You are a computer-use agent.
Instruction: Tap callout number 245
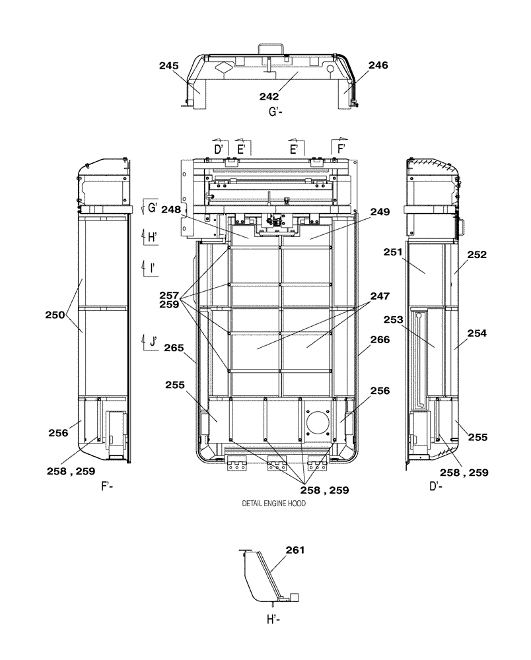pyautogui.click(x=169, y=65)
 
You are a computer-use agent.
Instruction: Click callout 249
pyautogui.click(x=379, y=212)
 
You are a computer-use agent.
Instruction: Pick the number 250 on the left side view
pyautogui.click(x=56, y=315)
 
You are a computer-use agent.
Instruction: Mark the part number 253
pyautogui.click(x=394, y=320)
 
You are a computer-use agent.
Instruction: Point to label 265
pyautogui.click(x=176, y=347)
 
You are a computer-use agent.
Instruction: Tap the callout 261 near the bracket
pyautogui.click(x=296, y=549)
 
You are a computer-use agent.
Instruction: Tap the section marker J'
pyautogui.click(x=153, y=341)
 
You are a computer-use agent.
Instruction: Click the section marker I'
pyautogui.click(x=152, y=267)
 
